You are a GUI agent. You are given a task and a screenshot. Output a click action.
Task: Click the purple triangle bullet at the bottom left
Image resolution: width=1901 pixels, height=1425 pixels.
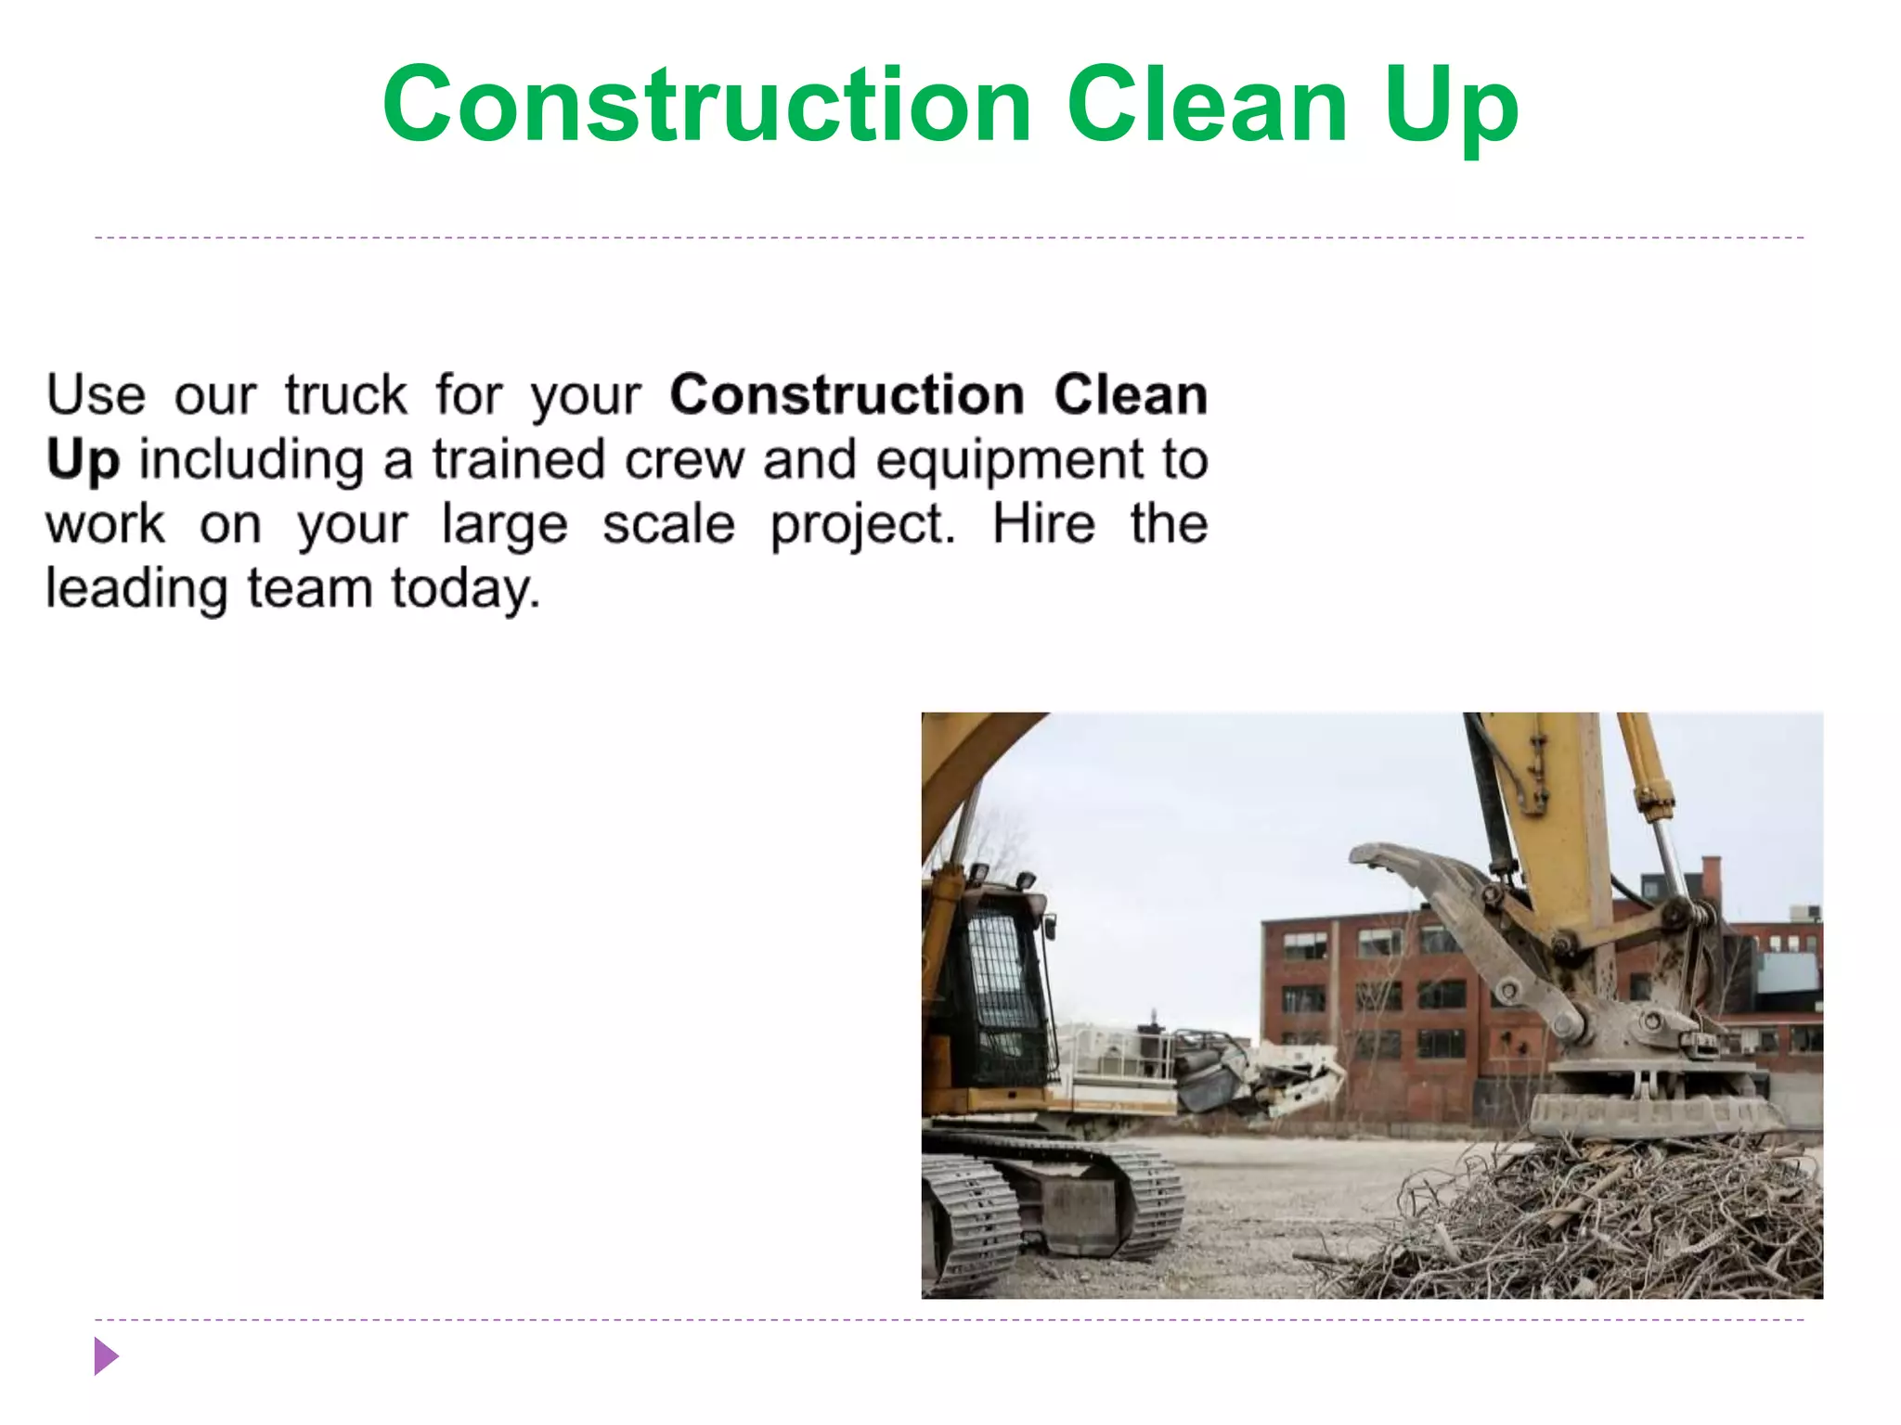click(x=106, y=1356)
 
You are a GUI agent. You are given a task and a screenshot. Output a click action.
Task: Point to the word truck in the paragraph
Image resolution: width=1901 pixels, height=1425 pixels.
click(x=345, y=395)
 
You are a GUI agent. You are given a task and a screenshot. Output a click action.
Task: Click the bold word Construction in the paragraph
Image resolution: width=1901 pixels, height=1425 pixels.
click(x=847, y=395)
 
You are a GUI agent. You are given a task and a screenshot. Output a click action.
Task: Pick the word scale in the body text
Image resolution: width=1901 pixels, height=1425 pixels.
click(x=668, y=525)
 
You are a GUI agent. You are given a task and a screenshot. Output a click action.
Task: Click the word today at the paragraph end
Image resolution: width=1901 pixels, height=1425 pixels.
click(x=464, y=590)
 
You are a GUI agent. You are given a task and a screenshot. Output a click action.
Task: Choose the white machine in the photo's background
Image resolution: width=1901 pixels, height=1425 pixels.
click(x=1207, y=1076)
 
